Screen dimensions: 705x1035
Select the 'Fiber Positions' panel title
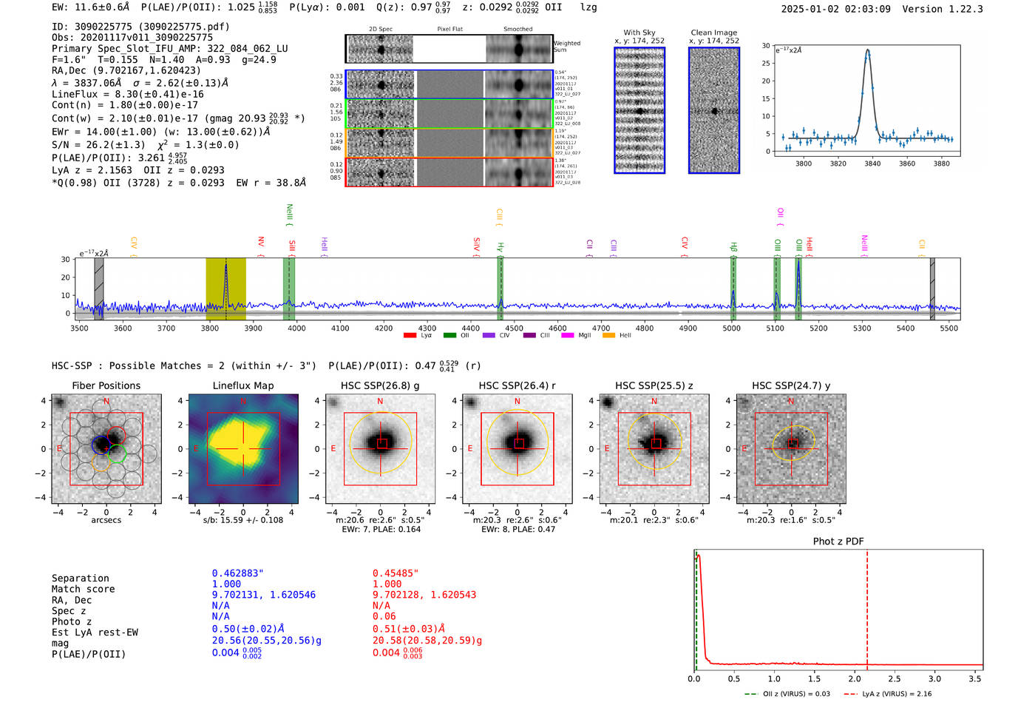click(106, 385)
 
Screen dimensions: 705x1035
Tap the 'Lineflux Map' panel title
click(242, 385)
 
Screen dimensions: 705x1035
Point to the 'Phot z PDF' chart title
click(838, 542)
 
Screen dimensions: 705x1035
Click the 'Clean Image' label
click(713, 33)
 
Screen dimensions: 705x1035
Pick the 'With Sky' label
click(639, 33)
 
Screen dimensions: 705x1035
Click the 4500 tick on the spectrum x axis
click(514, 328)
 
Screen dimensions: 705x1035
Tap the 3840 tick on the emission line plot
click(872, 163)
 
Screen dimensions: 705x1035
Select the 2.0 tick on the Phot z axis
click(855, 678)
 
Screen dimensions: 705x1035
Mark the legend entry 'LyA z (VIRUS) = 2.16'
click(896, 694)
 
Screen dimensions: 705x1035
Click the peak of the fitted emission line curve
click(868, 50)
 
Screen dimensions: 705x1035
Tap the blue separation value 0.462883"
click(237, 573)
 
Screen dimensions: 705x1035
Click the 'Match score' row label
click(83, 589)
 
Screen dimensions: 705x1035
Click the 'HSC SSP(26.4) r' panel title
click(517, 385)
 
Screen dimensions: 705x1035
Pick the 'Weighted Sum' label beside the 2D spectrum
click(566, 47)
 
